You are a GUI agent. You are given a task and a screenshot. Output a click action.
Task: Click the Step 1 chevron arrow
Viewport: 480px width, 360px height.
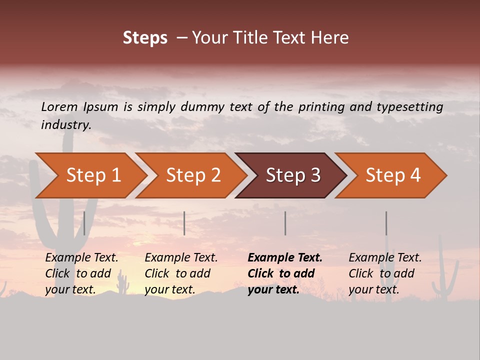(93, 175)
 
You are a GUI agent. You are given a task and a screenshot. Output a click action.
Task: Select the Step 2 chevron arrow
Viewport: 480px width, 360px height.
(193, 175)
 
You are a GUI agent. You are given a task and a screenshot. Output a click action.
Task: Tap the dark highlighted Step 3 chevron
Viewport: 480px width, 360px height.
(293, 175)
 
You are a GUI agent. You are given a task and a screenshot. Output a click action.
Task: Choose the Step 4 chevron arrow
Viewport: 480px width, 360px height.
(393, 175)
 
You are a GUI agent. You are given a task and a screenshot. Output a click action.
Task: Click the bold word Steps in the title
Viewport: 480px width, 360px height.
(145, 38)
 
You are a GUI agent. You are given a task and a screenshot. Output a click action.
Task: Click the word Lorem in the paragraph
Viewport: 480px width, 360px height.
(59, 106)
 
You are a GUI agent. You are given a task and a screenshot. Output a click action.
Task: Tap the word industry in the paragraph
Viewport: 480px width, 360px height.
(65, 124)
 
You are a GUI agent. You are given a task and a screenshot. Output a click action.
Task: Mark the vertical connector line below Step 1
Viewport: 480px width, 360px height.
(84, 223)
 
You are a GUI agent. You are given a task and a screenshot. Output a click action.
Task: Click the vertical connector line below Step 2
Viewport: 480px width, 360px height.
(184, 223)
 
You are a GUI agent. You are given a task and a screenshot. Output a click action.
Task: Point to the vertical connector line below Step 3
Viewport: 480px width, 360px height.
(285, 223)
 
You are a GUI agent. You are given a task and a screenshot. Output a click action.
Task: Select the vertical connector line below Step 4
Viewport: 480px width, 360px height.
(386, 223)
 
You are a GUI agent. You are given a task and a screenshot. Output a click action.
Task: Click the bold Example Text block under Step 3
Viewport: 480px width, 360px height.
(284, 273)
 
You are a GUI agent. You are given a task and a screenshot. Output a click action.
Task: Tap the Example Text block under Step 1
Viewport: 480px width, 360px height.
(81, 273)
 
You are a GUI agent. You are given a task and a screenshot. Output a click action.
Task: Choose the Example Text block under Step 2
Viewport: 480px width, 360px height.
(181, 273)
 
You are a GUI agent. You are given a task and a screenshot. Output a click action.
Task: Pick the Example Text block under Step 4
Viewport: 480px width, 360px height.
(385, 273)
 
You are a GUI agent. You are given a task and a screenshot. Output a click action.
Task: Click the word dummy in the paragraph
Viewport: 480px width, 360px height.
(203, 107)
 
